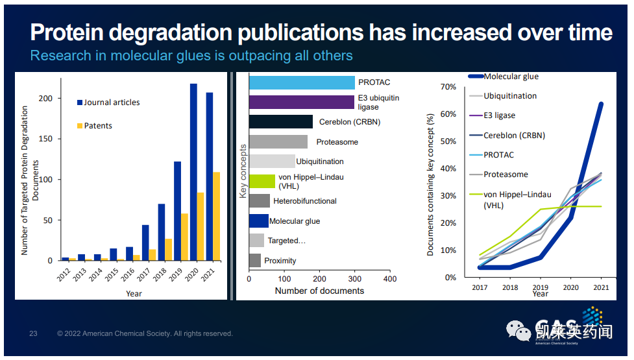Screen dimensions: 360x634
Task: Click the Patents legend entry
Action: pos(94,126)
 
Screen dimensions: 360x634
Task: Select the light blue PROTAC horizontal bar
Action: pos(302,82)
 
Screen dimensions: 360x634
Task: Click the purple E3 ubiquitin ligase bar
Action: pos(302,102)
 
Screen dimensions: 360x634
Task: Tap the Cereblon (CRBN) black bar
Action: pos(281,122)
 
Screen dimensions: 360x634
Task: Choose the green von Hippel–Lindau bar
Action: pos(262,181)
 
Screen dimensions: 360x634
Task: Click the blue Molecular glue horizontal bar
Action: pos(259,221)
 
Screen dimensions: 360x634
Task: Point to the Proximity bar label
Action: pos(280,261)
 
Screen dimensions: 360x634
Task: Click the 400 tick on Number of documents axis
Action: pos(390,278)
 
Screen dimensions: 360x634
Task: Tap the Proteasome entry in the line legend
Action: pos(506,174)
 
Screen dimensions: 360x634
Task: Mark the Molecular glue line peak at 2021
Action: pos(601,103)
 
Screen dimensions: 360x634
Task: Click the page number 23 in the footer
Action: pos(33,334)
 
